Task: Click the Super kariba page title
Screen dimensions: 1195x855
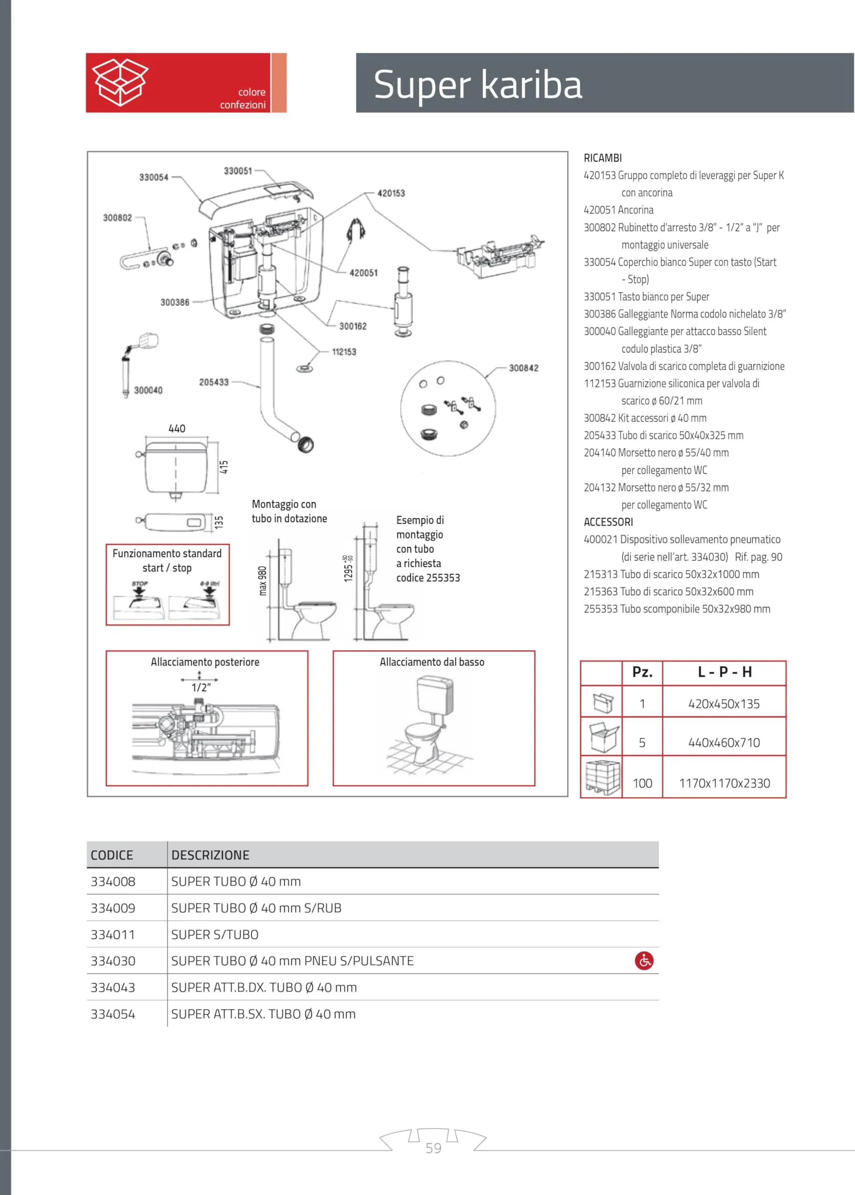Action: click(x=478, y=84)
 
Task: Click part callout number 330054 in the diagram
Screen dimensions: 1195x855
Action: click(x=154, y=177)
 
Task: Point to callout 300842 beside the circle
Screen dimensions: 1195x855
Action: click(x=523, y=368)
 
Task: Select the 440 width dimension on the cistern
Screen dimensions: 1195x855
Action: click(x=177, y=429)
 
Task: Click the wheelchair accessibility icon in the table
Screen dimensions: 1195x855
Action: click(x=644, y=960)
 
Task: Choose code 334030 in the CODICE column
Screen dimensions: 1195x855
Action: click(x=113, y=961)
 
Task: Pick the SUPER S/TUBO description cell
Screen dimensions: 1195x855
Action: click(x=215, y=935)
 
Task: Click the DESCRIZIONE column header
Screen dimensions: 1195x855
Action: click(x=210, y=855)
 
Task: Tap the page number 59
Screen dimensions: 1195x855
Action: click(x=433, y=1148)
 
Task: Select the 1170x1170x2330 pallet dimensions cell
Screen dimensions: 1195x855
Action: click(x=724, y=783)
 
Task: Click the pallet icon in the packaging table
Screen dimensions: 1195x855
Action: click(x=602, y=777)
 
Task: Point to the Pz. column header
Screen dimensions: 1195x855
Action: click(x=643, y=672)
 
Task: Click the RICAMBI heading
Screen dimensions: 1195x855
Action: click(x=603, y=158)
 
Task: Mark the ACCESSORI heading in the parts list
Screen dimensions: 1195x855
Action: click(x=608, y=522)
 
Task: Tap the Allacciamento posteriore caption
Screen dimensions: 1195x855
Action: click(x=205, y=662)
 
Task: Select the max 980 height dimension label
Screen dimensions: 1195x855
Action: click(x=263, y=581)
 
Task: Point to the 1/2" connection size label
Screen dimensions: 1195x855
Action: click(x=201, y=687)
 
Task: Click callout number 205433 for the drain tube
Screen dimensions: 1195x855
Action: click(x=214, y=382)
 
